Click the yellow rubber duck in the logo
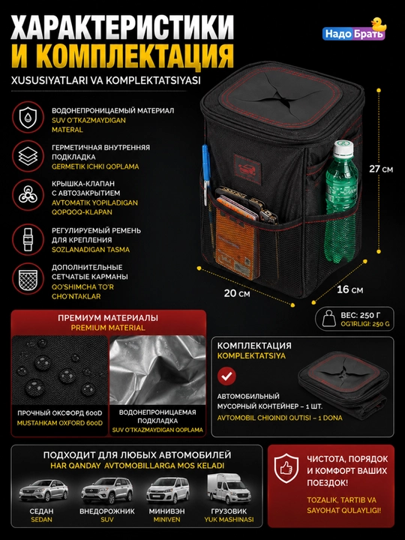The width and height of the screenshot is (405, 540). click(378, 25)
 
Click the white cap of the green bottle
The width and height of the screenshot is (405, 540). click(343, 148)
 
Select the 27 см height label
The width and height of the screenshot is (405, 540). click(381, 169)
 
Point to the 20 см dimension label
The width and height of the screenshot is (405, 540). click(237, 293)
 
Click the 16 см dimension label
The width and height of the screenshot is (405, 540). click(349, 289)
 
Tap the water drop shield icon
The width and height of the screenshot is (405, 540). click(28, 117)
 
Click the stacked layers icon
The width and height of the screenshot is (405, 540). click(28, 156)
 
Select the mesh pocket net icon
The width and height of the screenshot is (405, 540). click(28, 278)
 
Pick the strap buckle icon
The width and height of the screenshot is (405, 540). click(28, 239)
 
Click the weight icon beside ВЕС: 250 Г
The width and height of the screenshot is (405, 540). click(328, 319)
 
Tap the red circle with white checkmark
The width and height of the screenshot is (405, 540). click(226, 376)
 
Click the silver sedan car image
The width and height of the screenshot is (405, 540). click(43, 489)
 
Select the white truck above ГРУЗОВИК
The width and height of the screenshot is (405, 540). click(229, 489)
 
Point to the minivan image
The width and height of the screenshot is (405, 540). click(168, 490)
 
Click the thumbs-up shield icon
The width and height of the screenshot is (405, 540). click(286, 467)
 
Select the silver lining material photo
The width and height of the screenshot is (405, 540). click(157, 370)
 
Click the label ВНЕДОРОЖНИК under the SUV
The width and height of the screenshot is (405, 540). click(107, 511)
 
